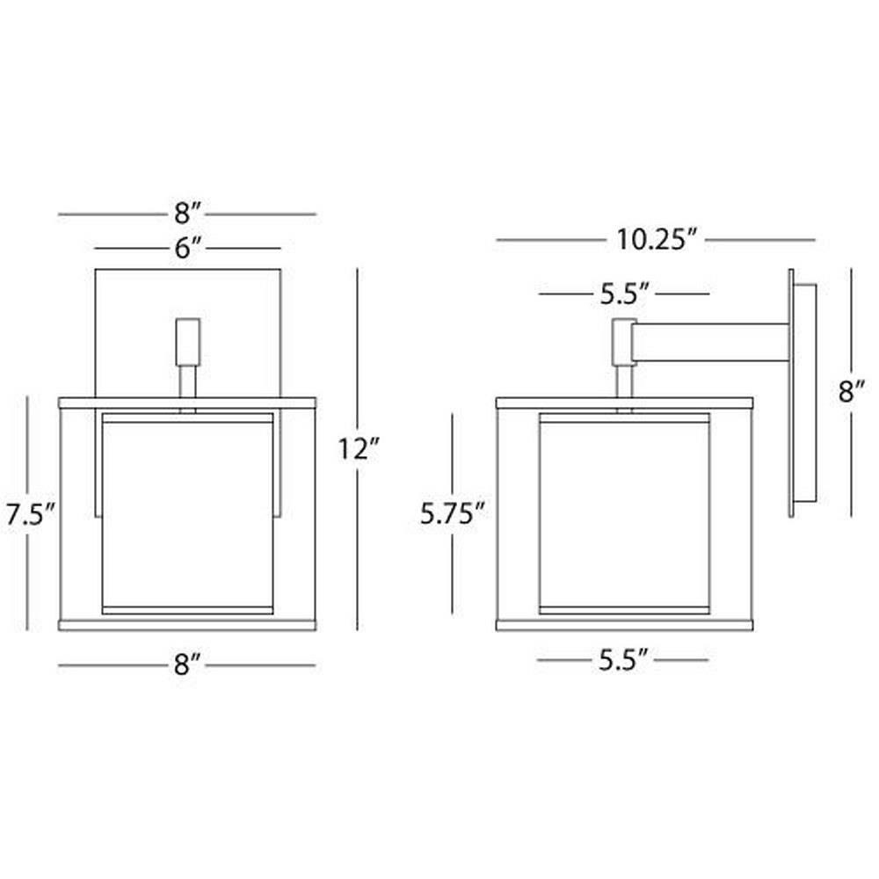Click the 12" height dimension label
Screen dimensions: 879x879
360,449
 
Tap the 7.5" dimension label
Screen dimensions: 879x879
30,514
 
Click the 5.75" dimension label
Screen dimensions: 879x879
452,513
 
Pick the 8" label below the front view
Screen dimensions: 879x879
187,665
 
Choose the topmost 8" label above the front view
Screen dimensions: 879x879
187,214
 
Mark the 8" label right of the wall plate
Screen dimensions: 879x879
852,392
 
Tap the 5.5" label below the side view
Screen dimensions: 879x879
623,660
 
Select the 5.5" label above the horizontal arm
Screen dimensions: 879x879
625,294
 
